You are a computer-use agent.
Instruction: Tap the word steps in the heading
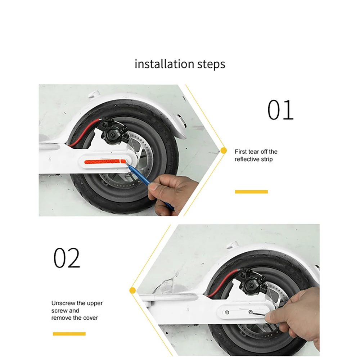click(209, 65)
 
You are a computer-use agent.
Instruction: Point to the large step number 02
click(67, 258)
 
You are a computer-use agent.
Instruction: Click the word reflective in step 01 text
click(247, 159)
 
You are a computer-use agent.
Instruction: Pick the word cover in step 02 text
click(90, 318)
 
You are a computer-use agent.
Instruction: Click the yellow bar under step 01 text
click(251, 192)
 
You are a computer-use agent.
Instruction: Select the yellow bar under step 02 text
click(69, 334)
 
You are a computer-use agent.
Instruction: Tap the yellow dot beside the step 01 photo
click(223, 150)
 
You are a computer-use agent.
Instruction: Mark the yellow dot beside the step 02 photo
click(132, 290)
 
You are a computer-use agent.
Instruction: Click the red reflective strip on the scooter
click(103, 162)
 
